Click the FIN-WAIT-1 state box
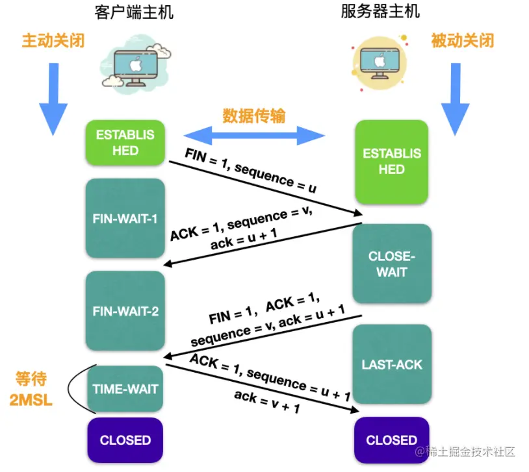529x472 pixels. tap(125, 218)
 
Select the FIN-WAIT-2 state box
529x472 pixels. tap(125, 311)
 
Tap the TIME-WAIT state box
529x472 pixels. tap(125, 389)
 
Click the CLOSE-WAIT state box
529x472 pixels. tap(391, 264)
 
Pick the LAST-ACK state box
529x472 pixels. tap(391, 364)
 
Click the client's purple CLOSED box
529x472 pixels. tap(125, 440)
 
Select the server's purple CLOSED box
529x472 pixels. tap(391, 440)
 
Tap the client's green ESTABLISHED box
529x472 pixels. tap(125, 143)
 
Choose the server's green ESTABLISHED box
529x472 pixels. tap(391, 162)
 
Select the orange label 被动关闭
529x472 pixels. tap(462, 40)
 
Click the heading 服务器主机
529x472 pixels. tap(380, 12)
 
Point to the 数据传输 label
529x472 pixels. tap(254, 115)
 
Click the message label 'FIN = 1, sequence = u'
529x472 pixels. tap(251, 171)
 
